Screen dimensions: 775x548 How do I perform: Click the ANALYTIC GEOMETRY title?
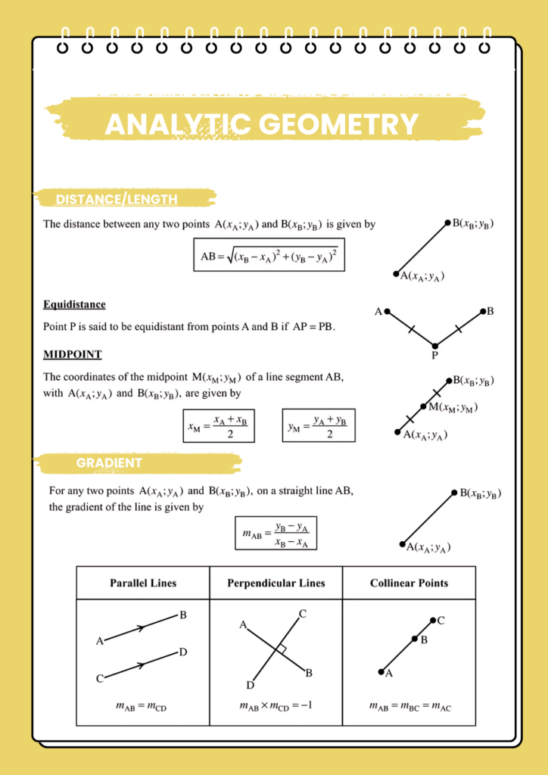(261, 124)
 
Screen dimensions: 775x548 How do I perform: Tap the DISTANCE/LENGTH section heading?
(117, 200)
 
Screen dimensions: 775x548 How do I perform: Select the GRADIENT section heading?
(109, 462)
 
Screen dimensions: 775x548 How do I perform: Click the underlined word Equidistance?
(74, 304)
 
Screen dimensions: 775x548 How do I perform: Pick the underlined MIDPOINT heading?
(72, 354)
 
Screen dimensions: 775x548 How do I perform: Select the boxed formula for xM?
(219, 426)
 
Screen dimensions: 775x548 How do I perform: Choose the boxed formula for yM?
(318, 426)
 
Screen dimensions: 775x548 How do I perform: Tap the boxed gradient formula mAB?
(276, 533)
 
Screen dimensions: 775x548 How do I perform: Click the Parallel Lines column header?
(143, 584)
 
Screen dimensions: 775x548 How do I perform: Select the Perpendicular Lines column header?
(276, 584)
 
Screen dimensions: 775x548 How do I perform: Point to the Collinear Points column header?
(409, 584)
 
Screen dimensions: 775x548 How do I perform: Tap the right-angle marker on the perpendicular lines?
(281, 649)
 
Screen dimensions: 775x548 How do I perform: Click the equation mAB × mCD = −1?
(276, 706)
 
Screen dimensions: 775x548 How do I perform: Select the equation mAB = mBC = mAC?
(410, 706)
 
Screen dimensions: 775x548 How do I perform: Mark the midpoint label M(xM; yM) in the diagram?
(452, 408)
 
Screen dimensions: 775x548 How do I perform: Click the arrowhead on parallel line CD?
(141, 665)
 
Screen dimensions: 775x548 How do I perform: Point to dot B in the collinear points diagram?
(415, 639)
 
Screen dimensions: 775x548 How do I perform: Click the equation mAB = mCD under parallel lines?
(142, 706)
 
